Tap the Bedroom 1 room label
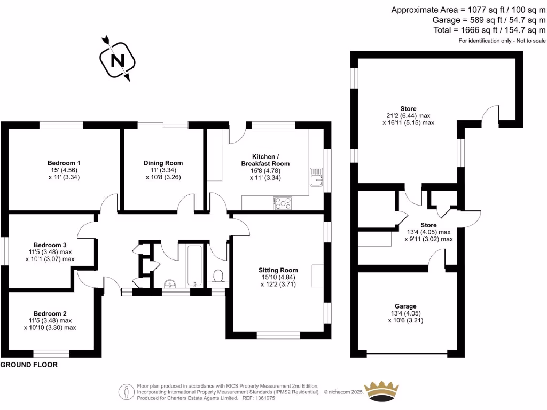[x=64, y=163]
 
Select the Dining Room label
[x=163, y=163]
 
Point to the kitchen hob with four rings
[x=283, y=202]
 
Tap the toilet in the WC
[x=218, y=276]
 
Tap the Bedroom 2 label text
[x=50, y=313]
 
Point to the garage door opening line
[x=407, y=353]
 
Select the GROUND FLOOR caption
[x=29, y=365]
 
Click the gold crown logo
[x=381, y=392]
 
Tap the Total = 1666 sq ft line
[x=489, y=30]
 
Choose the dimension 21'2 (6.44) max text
[x=409, y=115]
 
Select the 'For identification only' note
[x=502, y=41]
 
